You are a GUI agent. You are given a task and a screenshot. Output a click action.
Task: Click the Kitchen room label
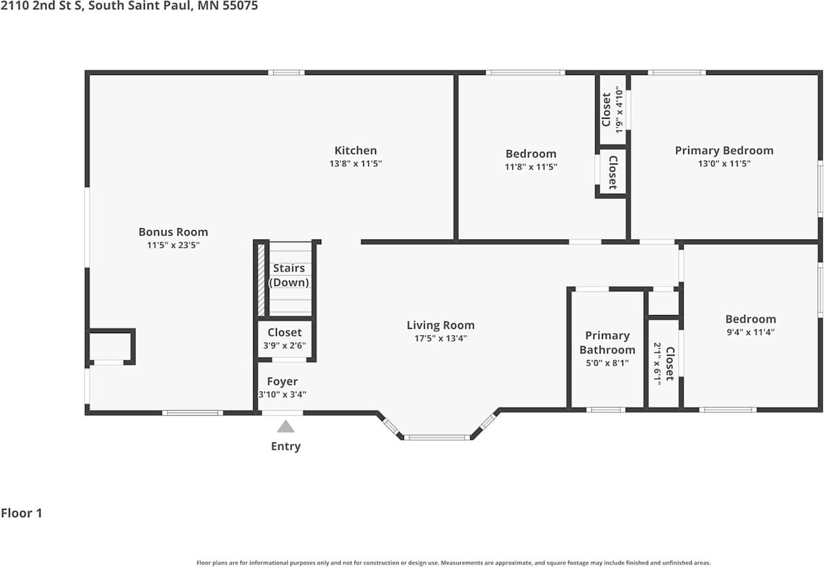coord(355,151)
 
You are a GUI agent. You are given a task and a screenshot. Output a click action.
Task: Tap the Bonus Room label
coord(173,232)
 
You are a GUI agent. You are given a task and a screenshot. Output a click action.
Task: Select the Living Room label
coord(440,325)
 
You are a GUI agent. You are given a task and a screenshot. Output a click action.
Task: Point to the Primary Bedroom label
coord(724,150)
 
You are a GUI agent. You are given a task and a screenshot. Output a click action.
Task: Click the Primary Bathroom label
coord(607,343)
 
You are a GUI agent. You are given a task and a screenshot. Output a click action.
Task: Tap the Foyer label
coord(282,381)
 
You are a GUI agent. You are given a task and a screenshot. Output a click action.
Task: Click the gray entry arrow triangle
coord(286,427)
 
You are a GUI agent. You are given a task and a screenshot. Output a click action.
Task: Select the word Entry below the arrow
coord(286,447)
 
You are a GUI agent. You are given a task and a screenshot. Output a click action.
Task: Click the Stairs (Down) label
coord(289,275)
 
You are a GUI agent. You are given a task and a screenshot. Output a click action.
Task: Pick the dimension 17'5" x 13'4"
coord(440,338)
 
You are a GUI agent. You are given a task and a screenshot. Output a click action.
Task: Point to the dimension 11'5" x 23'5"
coord(173,245)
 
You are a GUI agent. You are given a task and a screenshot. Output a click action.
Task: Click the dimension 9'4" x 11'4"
coord(750,332)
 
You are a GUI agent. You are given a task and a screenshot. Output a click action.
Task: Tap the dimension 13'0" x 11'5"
coord(724,164)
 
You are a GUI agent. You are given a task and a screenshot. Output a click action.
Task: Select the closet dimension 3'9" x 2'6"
coord(284,345)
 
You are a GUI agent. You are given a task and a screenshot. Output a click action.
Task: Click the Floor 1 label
coord(21,514)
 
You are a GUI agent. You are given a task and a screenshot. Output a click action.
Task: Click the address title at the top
coord(129,6)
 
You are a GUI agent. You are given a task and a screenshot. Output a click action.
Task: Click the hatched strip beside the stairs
coord(261,281)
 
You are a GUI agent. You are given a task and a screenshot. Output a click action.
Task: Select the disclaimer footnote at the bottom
coord(453,562)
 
